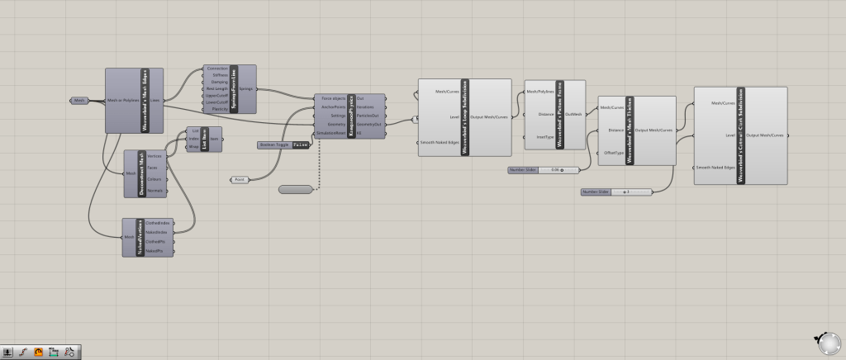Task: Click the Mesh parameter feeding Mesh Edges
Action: click(x=79, y=100)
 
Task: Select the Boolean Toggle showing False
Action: click(x=284, y=144)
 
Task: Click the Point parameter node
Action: click(x=240, y=179)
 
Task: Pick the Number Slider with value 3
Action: click(x=616, y=192)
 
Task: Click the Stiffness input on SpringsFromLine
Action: click(x=219, y=74)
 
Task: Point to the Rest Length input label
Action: click(x=218, y=88)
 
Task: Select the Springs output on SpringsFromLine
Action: click(x=245, y=88)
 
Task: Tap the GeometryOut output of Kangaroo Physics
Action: click(x=368, y=124)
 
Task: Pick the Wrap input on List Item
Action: click(x=195, y=146)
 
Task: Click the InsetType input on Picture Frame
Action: click(x=544, y=136)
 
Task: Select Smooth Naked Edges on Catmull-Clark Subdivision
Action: click(x=715, y=168)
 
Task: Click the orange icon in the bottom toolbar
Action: click(x=38, y=352)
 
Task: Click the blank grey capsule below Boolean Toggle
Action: click(x=296, y=190)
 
